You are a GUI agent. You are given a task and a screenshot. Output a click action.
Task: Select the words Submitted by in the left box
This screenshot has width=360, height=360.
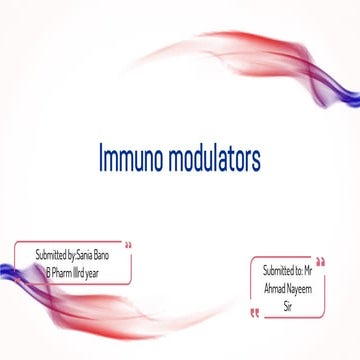pyautogui.click(x=58, y=256)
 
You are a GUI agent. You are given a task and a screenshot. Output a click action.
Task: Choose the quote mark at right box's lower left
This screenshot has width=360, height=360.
pyautogui.click(x=254, y=312)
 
